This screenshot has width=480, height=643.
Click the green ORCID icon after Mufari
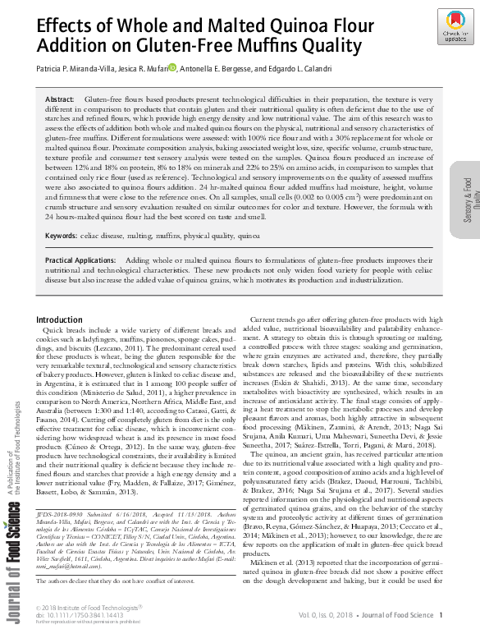click(x=172, y=67)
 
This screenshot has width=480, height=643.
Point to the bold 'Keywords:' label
click(x=62, y=236)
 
